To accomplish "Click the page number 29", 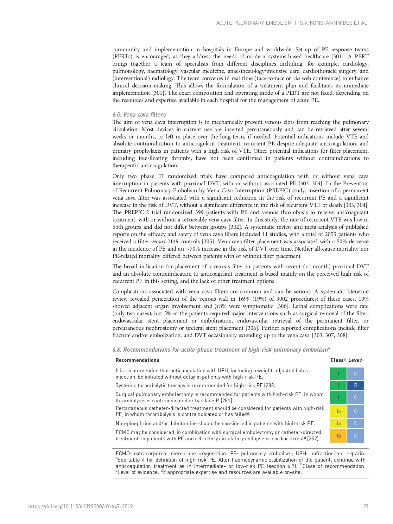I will (x=365, y=506).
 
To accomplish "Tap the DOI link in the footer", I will (x=80, y=506).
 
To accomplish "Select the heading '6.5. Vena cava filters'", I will (x=139, y=115).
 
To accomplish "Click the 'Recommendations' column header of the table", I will (x=137, y=360).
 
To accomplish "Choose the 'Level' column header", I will (x=355, y=360).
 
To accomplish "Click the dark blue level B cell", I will (x=355, y=386).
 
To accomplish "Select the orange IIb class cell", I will (x=338, y=436).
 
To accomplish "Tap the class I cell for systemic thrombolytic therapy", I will (x=338, y=386).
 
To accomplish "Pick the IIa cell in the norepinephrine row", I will (x=338, y=423).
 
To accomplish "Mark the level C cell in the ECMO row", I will (x=355, y=436).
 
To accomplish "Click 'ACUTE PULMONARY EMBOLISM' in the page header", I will (x=254, y=23).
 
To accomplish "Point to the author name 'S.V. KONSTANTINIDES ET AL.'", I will (x=334, y=23).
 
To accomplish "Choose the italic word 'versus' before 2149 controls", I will (x=158, y=241).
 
